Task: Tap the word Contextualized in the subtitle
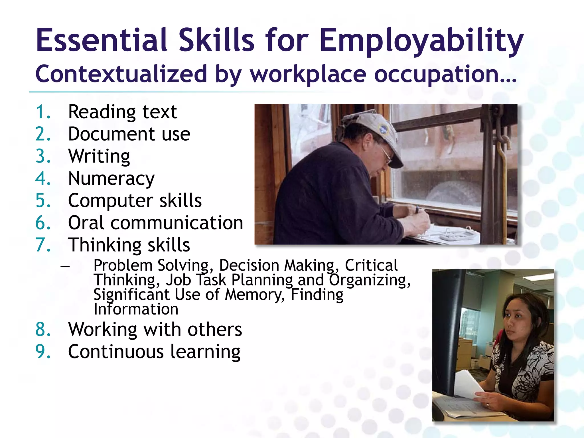[121, 74]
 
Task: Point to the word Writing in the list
[99, 157]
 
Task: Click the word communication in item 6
[177, 223]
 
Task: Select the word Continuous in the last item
[116, 351]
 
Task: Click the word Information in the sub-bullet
[136, 309]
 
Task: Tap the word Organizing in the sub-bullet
[370, 280]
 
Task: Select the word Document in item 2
[111, 134]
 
